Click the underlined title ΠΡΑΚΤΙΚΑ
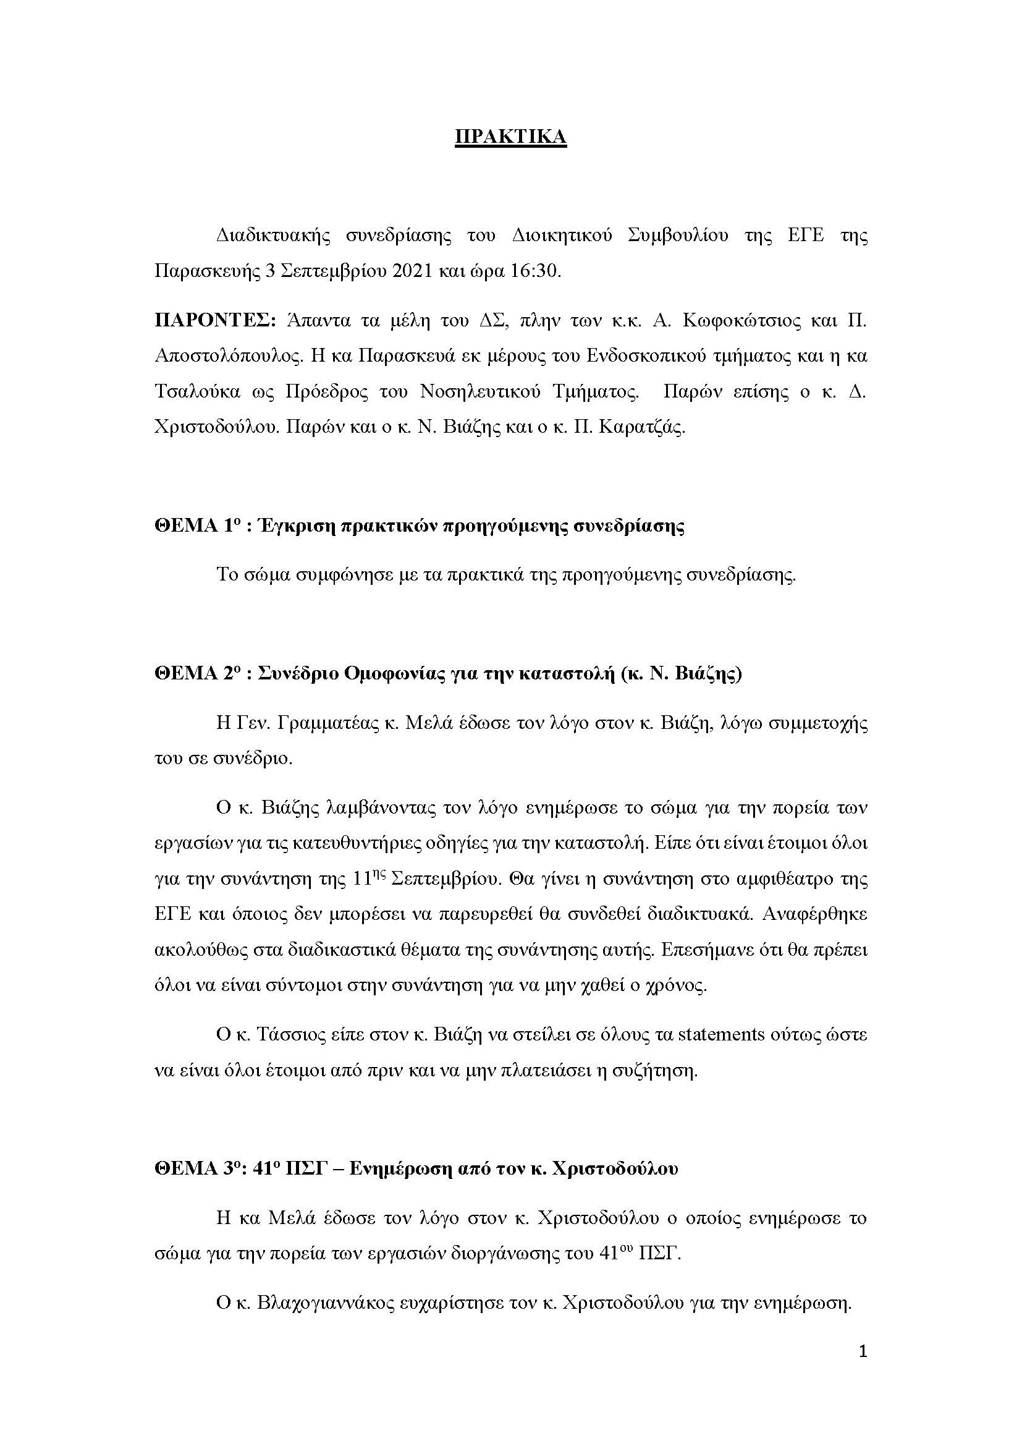point(510,137)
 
